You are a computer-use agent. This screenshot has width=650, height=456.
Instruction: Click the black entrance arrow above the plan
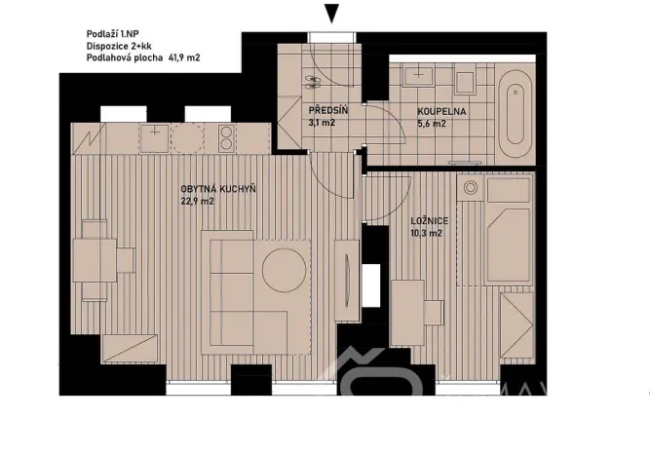(x=332, y=13)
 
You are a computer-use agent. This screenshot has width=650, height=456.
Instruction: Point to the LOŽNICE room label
(x=429, y=222)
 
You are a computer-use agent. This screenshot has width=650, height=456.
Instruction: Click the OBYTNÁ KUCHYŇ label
(x=218, y=189)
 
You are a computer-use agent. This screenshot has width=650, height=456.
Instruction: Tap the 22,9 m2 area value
(x=196, y=203)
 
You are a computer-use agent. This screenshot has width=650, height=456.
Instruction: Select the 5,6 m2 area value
(x=432, y=125)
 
